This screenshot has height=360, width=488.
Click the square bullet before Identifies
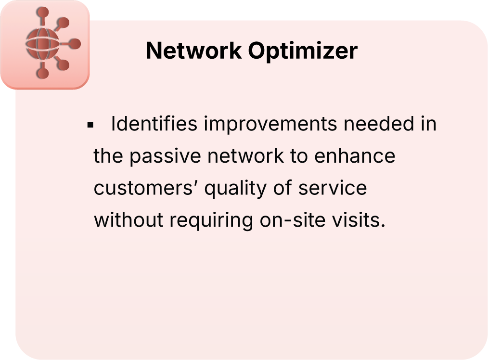pyautogui.click(x=90, y=125)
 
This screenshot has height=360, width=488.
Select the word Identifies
pyautogui.click(x=154, y=124)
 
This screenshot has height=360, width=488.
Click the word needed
pyautogui.click(x=374, y=124)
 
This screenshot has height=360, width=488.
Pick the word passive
pyautogui.click(x=167, y=156)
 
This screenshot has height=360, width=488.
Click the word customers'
pyautogui.click(x=146, y=188)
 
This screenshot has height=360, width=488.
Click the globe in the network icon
pyautogui.click(x=42, y=44)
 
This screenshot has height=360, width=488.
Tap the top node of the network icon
pyautogui.click(x=43, y=12)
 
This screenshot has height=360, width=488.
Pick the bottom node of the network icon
pyautogui.click(x=43, y=73)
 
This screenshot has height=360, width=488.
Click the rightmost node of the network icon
pyautogui.click(x=75, y=44)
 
